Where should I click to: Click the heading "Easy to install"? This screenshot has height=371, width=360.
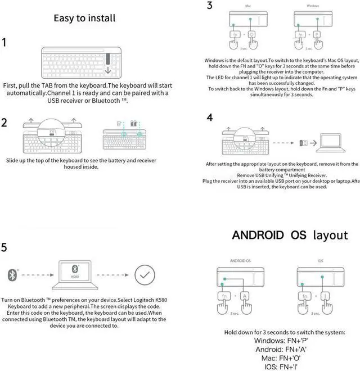(84, 18)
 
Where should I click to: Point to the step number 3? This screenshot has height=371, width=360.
(210, 6)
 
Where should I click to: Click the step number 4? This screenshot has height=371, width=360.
(210, 117)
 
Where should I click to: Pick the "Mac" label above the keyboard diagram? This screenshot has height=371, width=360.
(248, 6)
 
